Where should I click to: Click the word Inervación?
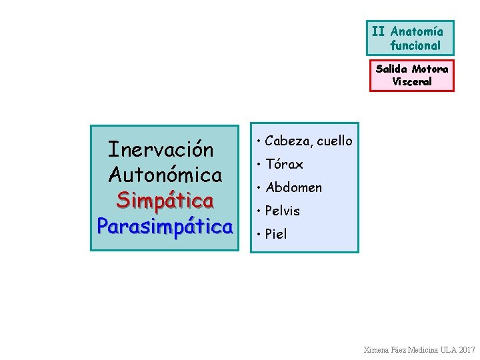(161, 149)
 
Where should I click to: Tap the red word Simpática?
(165, 200)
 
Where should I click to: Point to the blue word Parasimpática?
(165, 226)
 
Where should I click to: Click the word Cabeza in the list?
(288, 141)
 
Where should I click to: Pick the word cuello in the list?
(335, 141)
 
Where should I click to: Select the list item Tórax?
(284, 164)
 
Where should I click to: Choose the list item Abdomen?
(293, 187)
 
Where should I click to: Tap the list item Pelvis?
(283, 211)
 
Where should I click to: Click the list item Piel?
(276, 234)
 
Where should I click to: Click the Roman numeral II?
(379, 31)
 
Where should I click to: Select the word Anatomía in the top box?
(417, 31)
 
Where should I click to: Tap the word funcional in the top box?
(415, 46)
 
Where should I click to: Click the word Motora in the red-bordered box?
(430, 69)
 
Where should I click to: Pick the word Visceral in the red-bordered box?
(412, 82)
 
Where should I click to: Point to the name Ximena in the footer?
(378, 350)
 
